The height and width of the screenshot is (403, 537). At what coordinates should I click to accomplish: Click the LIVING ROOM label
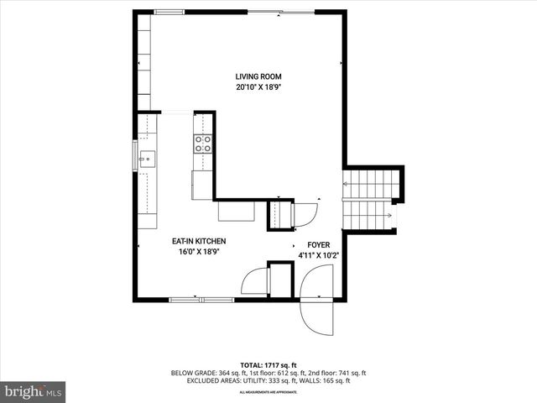click(x=258, y=77)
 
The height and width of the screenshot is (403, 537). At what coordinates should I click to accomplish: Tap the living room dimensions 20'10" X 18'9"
click(x=258, y=86)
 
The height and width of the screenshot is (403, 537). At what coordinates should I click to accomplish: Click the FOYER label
click(x=318, y=245)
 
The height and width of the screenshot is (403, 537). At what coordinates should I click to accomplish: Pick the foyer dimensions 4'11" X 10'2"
click(x=318, y=255)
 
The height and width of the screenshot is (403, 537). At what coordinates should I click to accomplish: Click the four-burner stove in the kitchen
click(x=203, y=144)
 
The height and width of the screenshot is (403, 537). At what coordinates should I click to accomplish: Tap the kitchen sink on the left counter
click(x=147, y=157)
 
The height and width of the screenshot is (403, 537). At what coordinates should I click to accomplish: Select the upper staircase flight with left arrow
click(x=368, y=183)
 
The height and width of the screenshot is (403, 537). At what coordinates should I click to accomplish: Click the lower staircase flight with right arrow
click(x=368, y=216)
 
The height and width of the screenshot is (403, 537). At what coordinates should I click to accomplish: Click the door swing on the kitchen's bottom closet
click(x=253, y=280)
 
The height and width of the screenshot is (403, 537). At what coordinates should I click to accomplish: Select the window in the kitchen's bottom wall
click(x=201, y=298)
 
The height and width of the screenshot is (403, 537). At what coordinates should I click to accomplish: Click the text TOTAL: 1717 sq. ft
click(x=268, y=364)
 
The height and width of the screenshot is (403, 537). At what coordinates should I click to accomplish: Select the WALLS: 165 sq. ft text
click(x=332, y=380)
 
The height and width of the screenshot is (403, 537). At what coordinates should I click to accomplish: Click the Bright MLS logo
click(x=34, y=391)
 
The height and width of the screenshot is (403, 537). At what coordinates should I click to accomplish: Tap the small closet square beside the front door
click(x=280, y=279)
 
